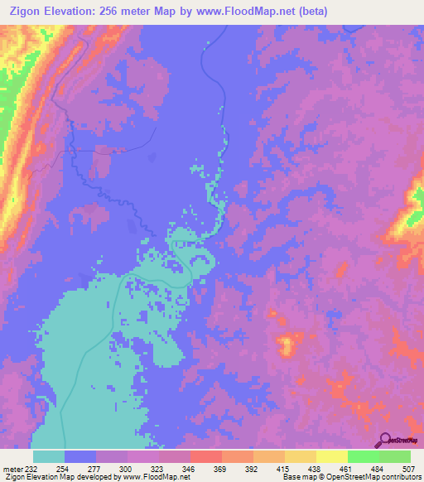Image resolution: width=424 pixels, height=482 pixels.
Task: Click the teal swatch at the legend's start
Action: click(49, 456)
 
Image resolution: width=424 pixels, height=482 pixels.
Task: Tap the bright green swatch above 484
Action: click(364, 456)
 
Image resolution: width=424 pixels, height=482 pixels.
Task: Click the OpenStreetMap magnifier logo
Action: click(386, 440)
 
